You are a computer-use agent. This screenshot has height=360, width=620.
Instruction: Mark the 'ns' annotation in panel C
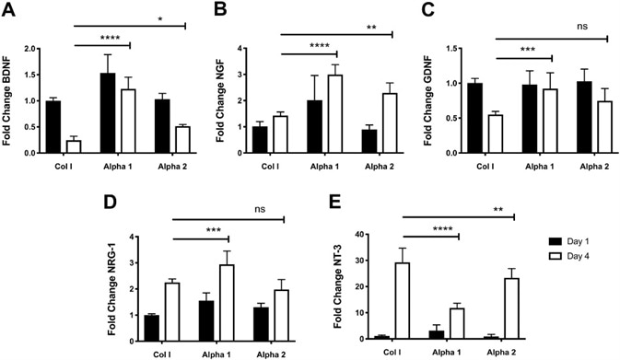[607, 27]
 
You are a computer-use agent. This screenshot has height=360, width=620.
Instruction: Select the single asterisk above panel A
[185, 16]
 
